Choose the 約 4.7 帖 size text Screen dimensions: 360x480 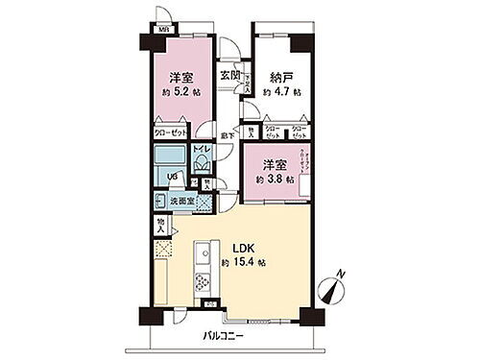(x=282, y=92)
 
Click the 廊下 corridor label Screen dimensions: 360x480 (x=227, y=135)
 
